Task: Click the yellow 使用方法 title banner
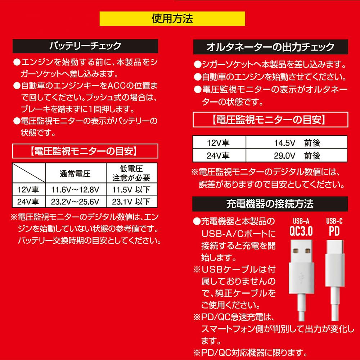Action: click(x=172, y=19)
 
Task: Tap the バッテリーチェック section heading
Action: click(x=85, y=46)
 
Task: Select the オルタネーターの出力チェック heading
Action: click(x=270, y=47)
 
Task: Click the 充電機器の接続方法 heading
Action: click(x=270, y=204)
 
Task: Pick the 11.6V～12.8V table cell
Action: click(x=76, y=189)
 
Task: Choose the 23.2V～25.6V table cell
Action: click(x=76, y=202)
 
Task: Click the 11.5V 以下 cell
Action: click(x=131, y=189)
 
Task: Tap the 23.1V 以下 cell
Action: click(x=131, y=202)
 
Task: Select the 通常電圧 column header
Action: click(x=76, y=174)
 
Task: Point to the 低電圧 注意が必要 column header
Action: click(x=131, y=174)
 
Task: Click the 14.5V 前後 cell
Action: click(x=296, y=143)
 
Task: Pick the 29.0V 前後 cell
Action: click(x=296, y=156)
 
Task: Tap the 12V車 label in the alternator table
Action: click(x=219, y=143)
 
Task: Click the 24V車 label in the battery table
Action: click(x=28, y=202)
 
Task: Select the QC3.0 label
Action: click(x=301, y=231)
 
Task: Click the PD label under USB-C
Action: click(x=334, y=231)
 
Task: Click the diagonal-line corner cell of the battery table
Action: click(x=29, y=173)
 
